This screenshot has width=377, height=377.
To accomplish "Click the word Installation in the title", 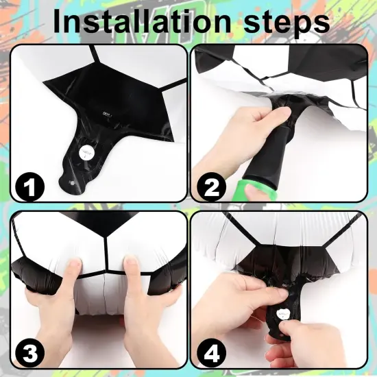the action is [x=142, y=21].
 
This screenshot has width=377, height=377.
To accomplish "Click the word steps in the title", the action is [x=287, y=23].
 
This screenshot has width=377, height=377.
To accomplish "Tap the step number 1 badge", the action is [x=29, y=186].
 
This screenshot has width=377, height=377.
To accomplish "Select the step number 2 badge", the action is [x=211, y=186].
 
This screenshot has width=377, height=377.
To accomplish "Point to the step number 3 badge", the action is [x=29, y=353].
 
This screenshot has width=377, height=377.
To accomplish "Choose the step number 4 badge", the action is [x=211, y=353].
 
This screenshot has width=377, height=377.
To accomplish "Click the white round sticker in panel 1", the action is [x=86, y=152].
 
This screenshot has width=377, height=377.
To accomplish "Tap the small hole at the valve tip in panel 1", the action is [x=71, y=183].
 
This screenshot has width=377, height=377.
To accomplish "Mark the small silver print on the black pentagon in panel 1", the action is [x=106, y=113].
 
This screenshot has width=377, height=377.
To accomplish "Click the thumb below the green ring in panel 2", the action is [x=252, y=193].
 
